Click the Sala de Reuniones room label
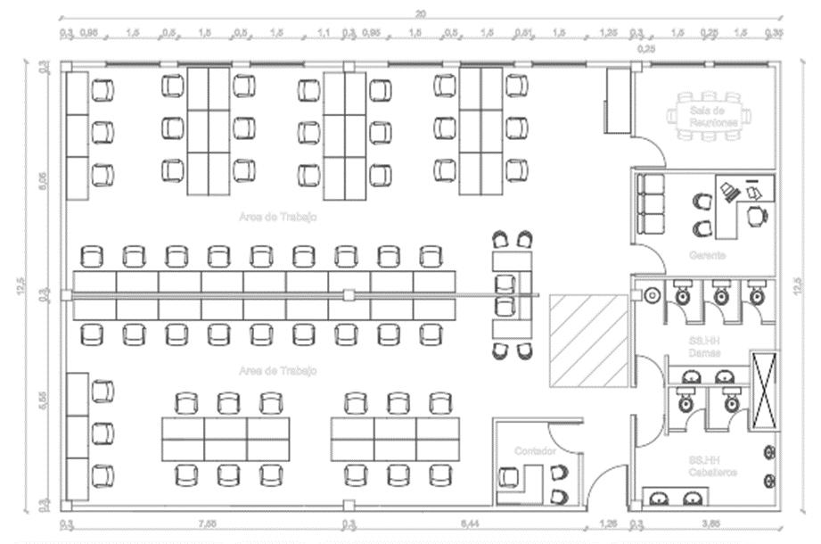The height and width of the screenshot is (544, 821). [713, 115]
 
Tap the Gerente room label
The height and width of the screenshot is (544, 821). [707, 255]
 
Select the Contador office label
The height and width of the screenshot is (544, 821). [535, 451]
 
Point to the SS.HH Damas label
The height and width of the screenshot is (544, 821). [703, 348]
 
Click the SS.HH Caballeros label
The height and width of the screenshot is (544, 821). [712, 466]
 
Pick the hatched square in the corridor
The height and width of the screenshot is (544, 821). [588, 340]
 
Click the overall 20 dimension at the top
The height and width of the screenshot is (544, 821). [420, 12]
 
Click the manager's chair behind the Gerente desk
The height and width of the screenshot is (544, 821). [756, 215]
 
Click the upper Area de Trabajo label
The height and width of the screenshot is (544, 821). [278, 217]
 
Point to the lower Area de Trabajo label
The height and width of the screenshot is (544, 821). [278, 370]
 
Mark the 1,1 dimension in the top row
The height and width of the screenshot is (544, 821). [323, 33]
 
